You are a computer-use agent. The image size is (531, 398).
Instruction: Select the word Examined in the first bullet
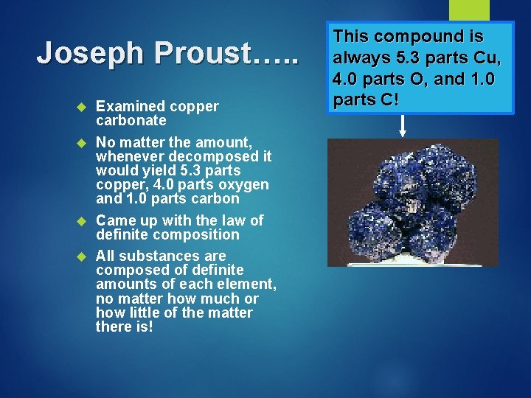tap(131, 106)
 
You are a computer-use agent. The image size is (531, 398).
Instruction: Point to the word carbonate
tap(131, 120)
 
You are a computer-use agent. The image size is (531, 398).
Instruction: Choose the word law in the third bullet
tap(228, 220)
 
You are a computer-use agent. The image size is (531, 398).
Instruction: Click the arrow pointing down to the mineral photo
tap(402, 126)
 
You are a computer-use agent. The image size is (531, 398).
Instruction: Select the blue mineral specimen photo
tap(404, 202)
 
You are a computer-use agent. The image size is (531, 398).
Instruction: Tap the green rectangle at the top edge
tap(469, 10)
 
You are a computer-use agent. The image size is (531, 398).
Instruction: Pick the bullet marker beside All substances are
tap(83, 256)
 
